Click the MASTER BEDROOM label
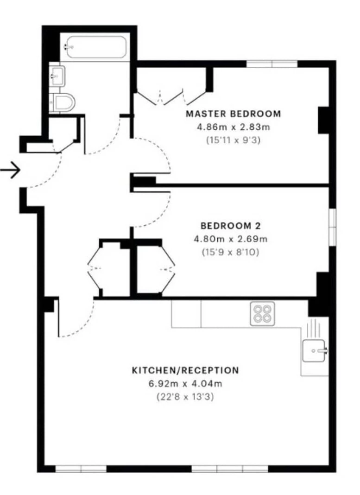click(x=233, y=114)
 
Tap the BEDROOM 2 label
click(x=231, y=226)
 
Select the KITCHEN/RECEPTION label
click(x=185, y=370)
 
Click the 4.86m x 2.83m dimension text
click(x=234, y=127)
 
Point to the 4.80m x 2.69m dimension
click(x=231, y=239)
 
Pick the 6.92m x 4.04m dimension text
click(x=185, y=384)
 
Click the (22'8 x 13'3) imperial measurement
click(x=185, y=397)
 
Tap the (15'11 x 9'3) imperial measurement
click(x=234, y=140)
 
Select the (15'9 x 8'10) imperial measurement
click(x=231, y=252)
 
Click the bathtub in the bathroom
click(x=96, y=47)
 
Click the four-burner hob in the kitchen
click(x=262, y=313)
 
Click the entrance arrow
click(x=10, y=170)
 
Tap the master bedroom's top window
click(x=272, y=64)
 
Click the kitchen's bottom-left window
click(x=81, y=469)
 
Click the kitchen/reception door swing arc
click(x=82, y=324)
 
